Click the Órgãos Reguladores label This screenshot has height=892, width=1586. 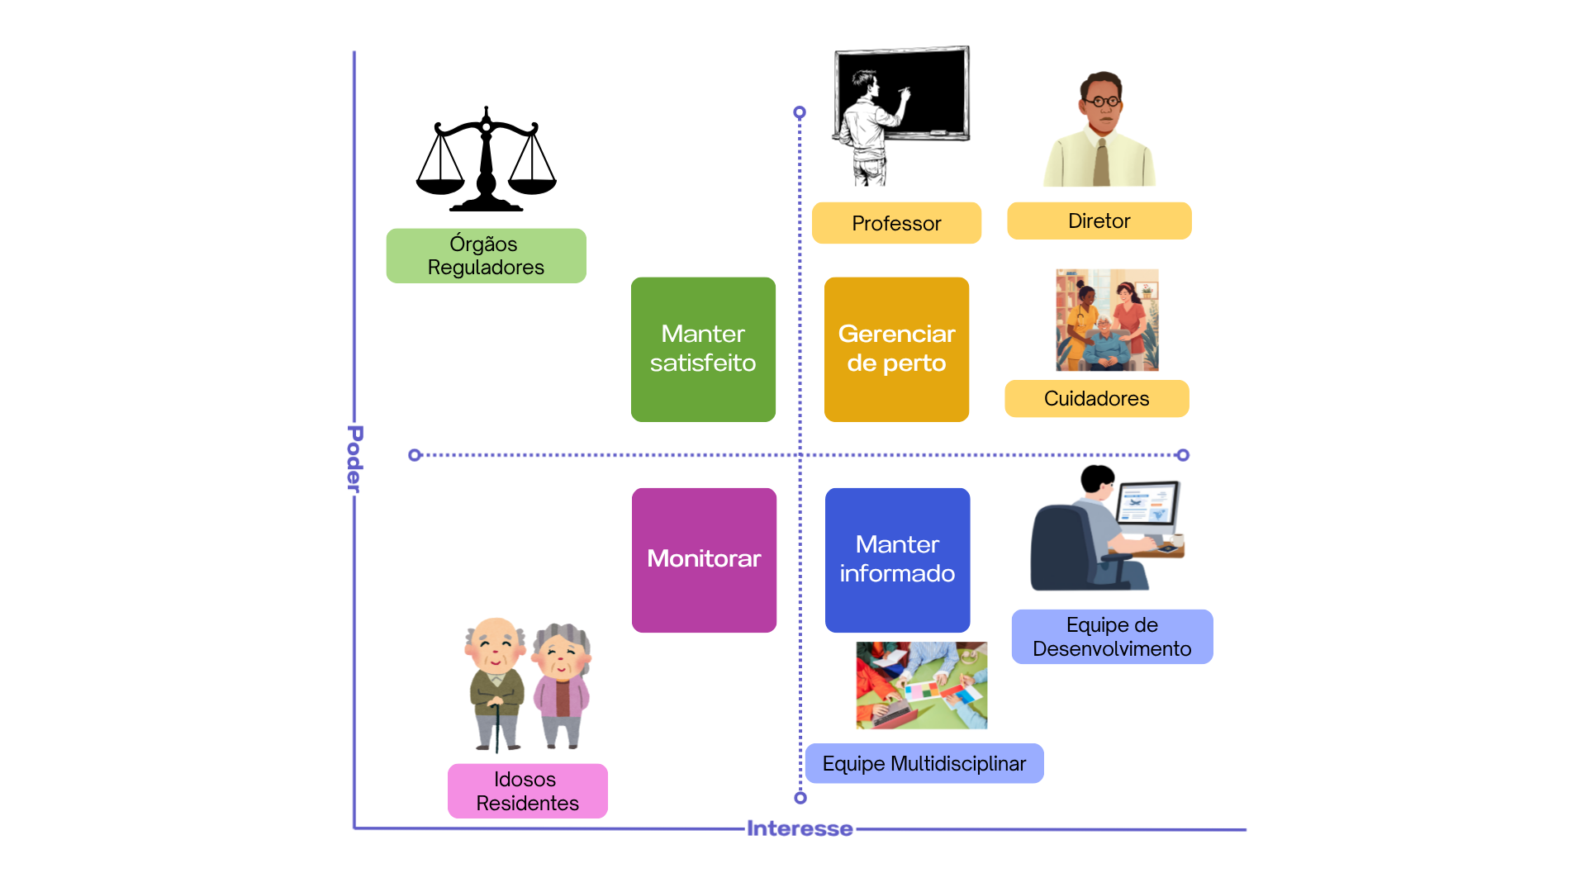pyautogui.click(x=486, y=256)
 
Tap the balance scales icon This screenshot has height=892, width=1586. pyautogui.click(x=486, y=161)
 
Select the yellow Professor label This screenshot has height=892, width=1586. pyautogui.click(x=896, y=223)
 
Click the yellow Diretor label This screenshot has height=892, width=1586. pyautogui.click(x=1099, y=221)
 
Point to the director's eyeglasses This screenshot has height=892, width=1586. pyautogui.click(x=1102, y=102)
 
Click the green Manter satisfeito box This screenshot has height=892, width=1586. pyautogui.click(x=703, y=349)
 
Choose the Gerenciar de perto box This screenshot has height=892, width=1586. pyautogui.click(x=896, y=349)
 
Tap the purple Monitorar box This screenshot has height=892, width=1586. pyautogui.click(x=704, y=560)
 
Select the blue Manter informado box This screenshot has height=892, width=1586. pyautogui.click(x=897, y=560)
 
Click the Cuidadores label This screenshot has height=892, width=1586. pyautogui.click(x=1096, y=398)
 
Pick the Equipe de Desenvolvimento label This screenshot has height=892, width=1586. pyautogui.click(x=1112, y=637)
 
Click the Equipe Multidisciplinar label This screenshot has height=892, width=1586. pyautogui.click(x=924, y=763)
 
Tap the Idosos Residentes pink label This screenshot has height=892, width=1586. pyautogui.click(x=527, y=791)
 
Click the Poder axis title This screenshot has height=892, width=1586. pyautogui.click(x=354, y=459)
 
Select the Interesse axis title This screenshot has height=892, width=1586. pyautogui.click(x=799, y=828)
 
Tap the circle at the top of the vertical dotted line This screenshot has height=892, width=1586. pyautogui.click(x=799, y=112)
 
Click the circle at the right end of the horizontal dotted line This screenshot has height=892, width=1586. pyautogui.click(x=1183, y=455)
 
